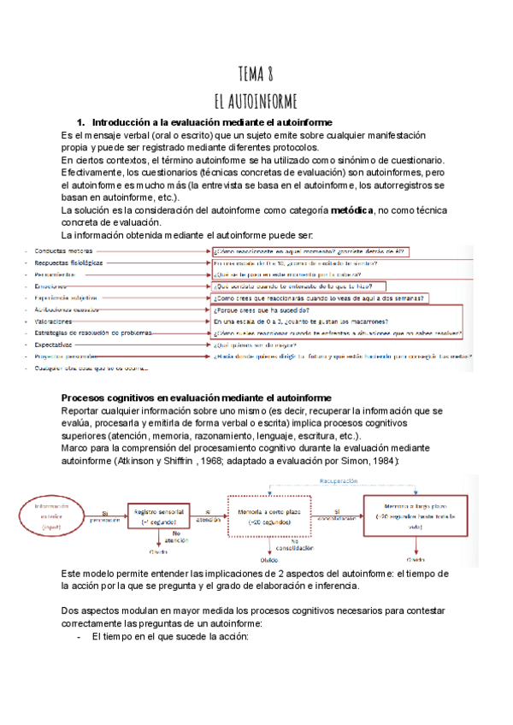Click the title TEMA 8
click(x=256, y=74)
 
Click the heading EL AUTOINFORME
click(x=256, y=99)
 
